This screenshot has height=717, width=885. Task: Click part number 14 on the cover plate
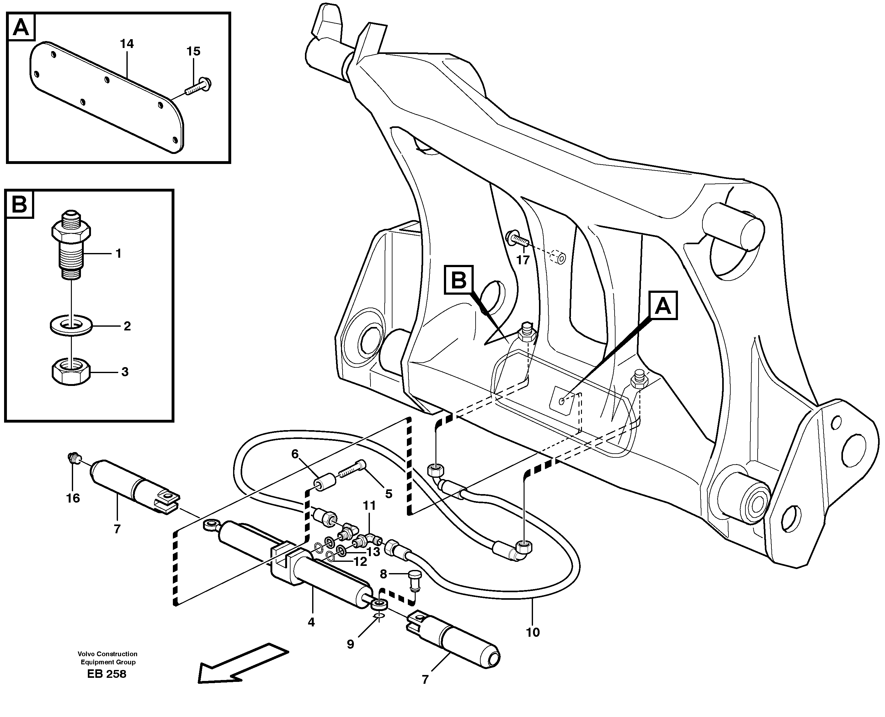coord(127,44)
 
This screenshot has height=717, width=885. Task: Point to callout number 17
coord(522,260)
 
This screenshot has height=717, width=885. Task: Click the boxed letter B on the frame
coord(458,281)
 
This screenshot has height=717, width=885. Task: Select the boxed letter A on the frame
coord(663,306)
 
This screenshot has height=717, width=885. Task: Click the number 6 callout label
coord(295,454)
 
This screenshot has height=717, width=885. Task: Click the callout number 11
coord(369,505)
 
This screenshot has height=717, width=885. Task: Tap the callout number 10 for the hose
coord(533,632)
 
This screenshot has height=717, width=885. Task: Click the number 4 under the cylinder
coord(311,622)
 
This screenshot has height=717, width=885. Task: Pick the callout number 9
coord(350,644)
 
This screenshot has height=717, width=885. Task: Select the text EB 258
coord(107,674)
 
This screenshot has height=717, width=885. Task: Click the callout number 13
coord(373,552)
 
